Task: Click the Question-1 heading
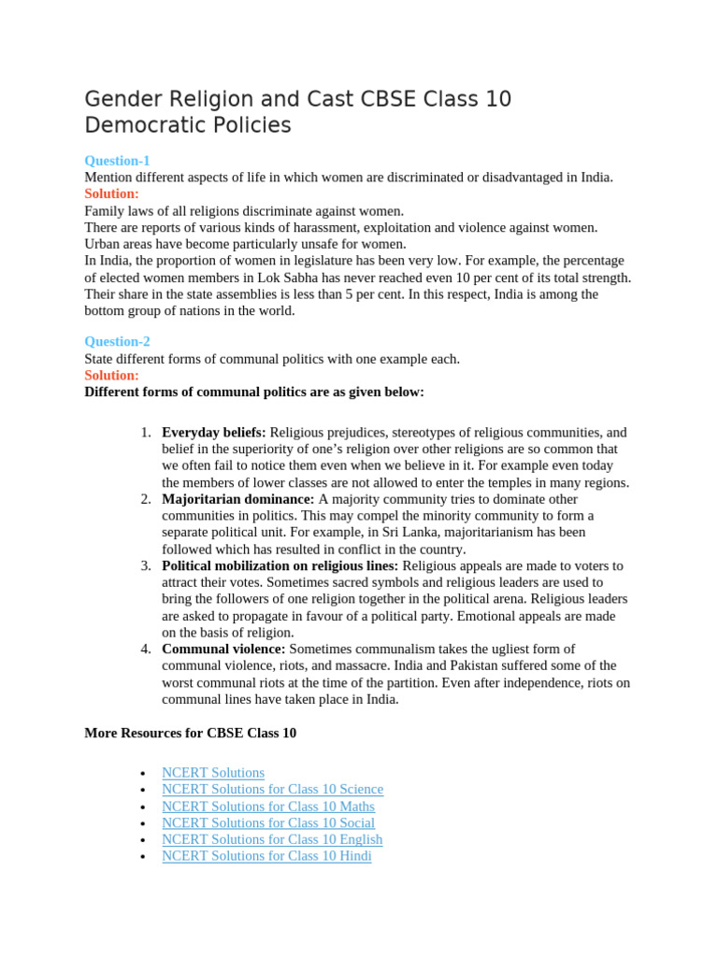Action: (117, 161)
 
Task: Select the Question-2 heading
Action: (117, 342)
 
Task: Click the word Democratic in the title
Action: (140, 125)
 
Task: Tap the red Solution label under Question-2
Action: (111, 376)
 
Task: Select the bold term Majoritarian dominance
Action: (237, 499)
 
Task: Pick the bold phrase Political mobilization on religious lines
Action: (280, 566)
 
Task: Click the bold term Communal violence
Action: (223, 649)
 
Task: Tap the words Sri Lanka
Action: (357, 533)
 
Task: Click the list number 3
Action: (146, 566)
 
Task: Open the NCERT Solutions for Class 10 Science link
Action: (272, 790)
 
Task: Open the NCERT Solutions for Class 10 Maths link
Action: (267, 807)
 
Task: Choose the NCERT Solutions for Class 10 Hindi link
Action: (266, 856)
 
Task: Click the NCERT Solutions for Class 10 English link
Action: (272, 839)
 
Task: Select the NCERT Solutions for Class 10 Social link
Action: (268, 823)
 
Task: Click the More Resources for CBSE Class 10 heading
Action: (190, 734)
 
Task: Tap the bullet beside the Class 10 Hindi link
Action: (141, 857)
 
